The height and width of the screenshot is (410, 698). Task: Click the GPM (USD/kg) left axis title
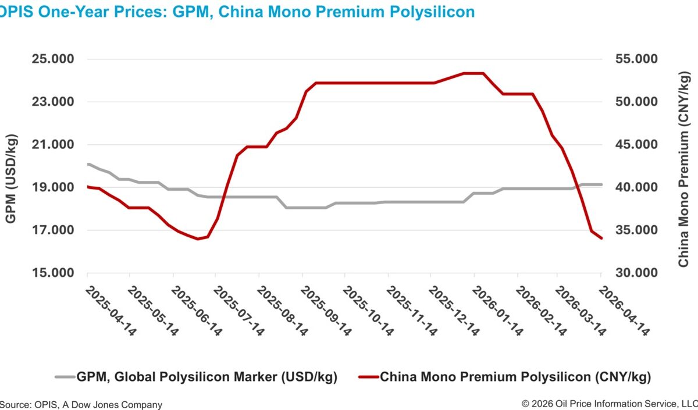tap(12, 179)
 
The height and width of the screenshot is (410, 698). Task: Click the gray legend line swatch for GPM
tap(65, 377)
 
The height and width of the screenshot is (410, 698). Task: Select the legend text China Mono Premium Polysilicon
tap(515, 377)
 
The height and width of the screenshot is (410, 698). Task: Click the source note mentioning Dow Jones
tap(81, 404)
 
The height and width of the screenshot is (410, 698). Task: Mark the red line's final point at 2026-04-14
tap(601, 238)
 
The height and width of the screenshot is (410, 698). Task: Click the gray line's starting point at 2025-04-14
tap(88, 164)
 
